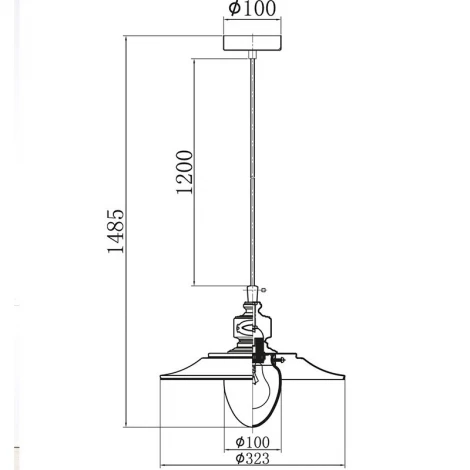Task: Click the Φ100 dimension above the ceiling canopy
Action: (x=252, y=8)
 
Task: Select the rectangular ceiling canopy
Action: (x=252, y=43)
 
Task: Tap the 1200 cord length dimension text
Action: (x=184, y=172)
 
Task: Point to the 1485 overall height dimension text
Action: (x=116, y=231)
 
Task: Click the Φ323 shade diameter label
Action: (x=252, y=458)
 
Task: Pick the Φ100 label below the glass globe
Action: (x=252, y=442)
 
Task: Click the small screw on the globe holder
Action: (x=279, y=360)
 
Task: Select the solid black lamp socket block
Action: (x=258, y=350)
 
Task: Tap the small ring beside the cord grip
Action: (x=264, y=290)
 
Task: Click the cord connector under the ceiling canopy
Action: (x=253, y=54)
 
